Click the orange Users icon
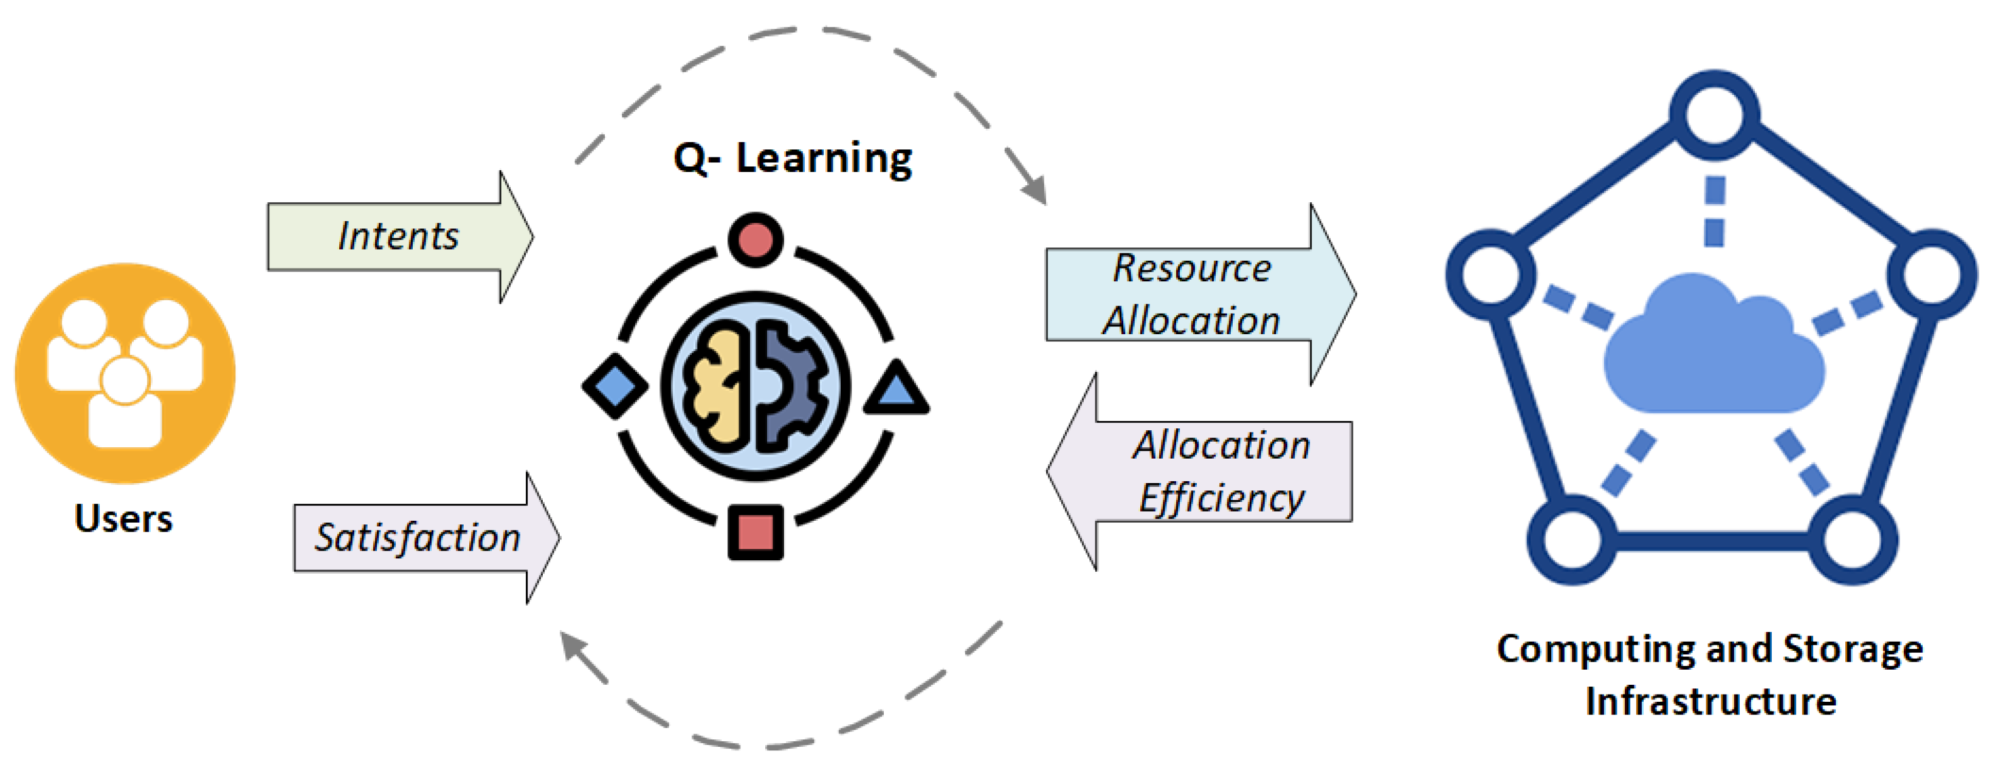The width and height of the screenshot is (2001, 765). click(x=124, y=373)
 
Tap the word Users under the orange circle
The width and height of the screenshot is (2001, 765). click(x=123, y=518)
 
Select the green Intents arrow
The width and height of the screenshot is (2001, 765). click(x=399, y=236)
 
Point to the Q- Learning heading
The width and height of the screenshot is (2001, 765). click(x=793, y=159)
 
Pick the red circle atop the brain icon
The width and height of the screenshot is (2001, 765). click(x=755, y=239)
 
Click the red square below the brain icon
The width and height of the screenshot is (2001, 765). click(x=755, y=533)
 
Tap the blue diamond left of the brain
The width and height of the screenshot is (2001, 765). click(x=615, y=386)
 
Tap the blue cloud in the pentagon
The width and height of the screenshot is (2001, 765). click(x=1713, y=349)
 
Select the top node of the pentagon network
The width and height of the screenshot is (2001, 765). click(x=1714, y=115)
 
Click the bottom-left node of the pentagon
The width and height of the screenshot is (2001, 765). click(x=1572, y=540)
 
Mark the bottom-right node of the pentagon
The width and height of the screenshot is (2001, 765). click(x=1853, y=540)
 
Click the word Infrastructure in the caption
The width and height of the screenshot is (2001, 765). click(x=1710, y=701)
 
